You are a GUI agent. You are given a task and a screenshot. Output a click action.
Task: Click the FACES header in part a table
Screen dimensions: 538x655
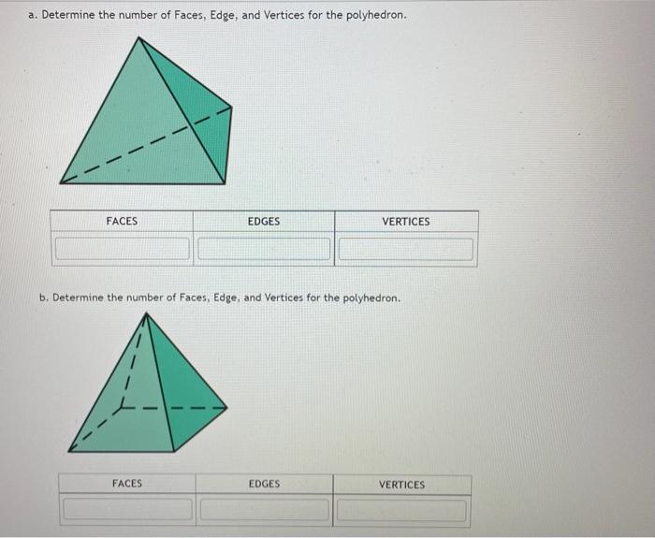122,222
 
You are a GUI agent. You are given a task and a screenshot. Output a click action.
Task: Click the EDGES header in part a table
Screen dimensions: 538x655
264,222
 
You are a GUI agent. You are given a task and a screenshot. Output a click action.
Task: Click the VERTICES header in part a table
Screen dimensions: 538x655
406,222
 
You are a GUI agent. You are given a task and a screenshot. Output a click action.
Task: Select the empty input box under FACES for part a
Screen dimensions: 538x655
122,250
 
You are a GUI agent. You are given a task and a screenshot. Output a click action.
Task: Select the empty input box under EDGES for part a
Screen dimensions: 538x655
264,250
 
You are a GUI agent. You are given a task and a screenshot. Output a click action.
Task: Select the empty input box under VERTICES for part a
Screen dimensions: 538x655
406,250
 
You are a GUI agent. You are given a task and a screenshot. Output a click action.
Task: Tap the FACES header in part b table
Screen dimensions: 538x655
127,484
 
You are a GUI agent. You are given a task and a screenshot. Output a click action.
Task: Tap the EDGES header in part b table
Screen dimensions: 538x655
264,484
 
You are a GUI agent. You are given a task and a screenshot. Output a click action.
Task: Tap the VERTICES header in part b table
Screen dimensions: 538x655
401,485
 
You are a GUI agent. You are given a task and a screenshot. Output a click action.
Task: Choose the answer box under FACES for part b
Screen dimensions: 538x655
127,511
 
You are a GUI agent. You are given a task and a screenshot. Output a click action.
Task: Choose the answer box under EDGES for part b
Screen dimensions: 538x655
264,511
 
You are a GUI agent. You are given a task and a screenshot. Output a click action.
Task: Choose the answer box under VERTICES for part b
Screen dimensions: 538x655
401,511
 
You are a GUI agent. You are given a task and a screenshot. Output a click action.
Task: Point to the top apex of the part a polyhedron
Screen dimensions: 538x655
142,37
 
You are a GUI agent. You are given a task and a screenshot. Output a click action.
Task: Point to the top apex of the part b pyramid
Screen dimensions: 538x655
148,313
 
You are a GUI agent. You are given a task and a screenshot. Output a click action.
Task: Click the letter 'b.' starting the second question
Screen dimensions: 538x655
44,298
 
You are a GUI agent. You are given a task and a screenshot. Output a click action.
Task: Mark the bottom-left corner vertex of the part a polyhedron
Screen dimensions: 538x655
61,182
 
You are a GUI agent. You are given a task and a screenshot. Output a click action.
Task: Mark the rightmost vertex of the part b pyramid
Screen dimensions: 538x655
227,407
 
